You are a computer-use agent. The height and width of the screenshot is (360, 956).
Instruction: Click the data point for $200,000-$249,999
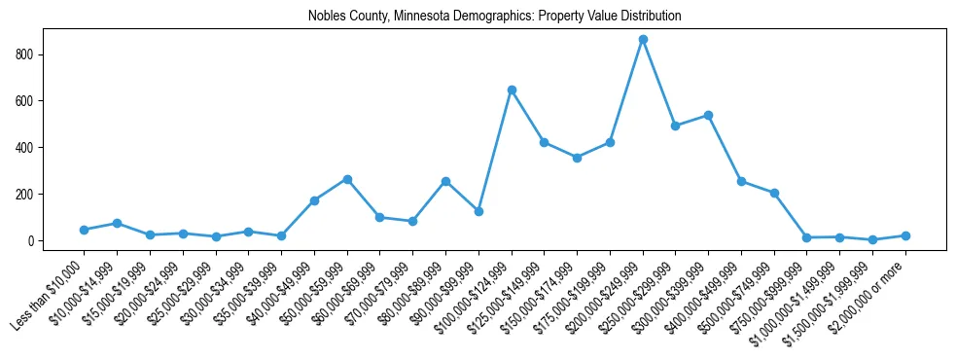643,39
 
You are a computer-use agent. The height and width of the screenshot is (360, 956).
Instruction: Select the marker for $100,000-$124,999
512,90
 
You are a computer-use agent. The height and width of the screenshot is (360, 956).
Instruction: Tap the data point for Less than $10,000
85,230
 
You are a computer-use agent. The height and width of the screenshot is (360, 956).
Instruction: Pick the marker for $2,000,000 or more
905,235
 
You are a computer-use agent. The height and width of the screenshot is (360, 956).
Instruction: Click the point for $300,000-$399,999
708,115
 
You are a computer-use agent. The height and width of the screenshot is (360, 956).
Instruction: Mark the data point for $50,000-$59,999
347,179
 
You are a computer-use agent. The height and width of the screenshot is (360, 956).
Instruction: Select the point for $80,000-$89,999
445,181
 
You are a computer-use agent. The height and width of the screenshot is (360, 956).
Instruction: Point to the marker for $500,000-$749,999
774,193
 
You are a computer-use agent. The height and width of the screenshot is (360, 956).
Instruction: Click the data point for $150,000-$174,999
577,158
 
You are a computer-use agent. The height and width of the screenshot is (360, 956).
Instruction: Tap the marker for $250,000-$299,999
676,126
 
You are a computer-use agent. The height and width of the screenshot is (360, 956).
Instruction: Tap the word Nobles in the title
325,17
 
